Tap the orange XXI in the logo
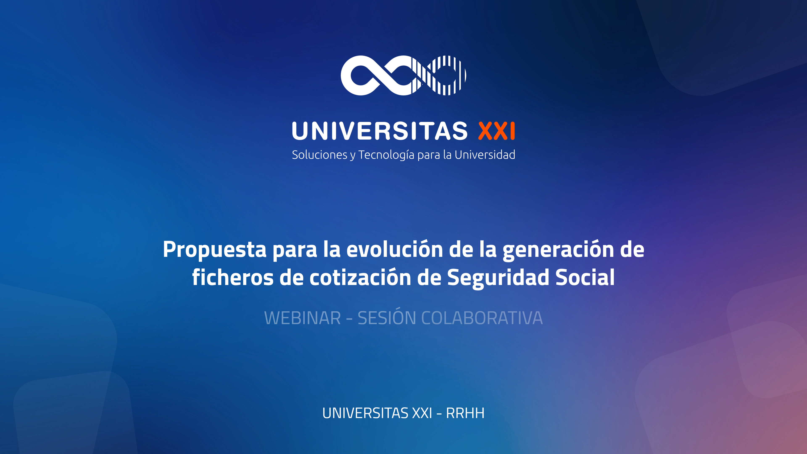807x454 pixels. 497,131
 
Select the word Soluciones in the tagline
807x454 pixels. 319,155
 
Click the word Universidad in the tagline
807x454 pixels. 485,155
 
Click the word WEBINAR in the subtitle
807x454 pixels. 302,318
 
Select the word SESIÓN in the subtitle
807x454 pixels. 387,317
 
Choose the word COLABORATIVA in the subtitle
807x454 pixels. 482,318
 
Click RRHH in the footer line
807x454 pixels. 465,413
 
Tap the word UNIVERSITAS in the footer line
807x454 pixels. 365,413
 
